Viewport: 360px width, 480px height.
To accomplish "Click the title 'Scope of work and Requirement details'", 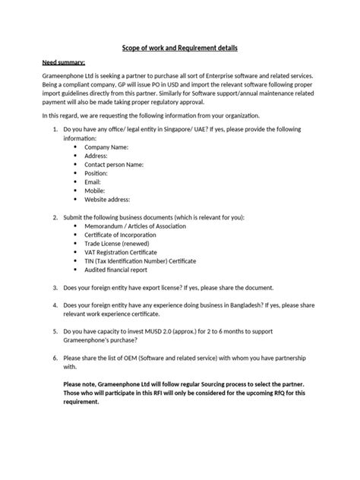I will (180, 48).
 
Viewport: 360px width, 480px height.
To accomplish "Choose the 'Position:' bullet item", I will (96, 173).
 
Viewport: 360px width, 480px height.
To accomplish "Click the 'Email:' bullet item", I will (93, 182).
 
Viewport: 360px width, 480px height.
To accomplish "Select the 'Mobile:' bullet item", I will (95, 191).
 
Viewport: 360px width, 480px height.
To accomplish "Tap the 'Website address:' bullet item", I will (108, 201).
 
